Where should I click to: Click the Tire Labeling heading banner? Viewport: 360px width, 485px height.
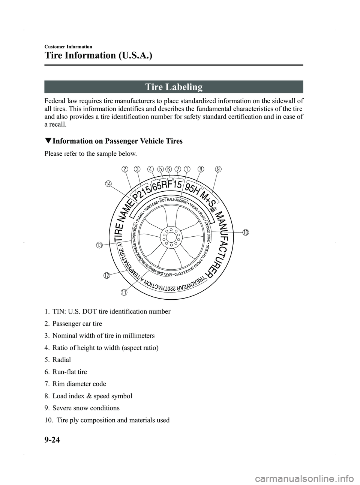174,87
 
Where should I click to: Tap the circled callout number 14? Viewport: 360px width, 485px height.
108,183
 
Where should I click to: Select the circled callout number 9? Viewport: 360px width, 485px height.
218,169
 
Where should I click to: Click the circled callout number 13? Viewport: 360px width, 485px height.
99,246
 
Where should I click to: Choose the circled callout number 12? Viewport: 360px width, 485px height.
107,276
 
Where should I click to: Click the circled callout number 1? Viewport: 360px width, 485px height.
186,169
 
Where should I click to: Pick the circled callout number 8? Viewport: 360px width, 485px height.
201,169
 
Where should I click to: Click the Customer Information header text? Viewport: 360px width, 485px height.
68,47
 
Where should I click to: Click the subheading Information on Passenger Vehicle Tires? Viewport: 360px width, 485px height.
114,141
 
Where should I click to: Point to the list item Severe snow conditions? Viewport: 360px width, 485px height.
82,408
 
